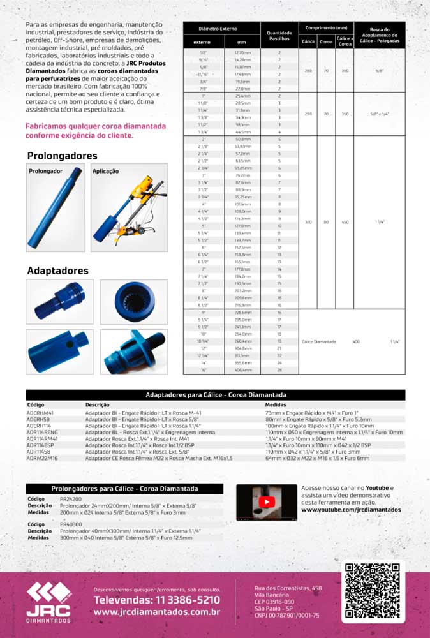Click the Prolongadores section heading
coord(62,156)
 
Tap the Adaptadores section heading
coord(57,271)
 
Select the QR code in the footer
coord(373,591)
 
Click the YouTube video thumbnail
coord(266,503)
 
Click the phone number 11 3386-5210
coord(156,600)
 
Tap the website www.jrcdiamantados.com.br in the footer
coord(156,612)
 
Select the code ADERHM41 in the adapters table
coord(40,413)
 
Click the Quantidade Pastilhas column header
coord(279,35)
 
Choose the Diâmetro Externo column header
coord(218,29)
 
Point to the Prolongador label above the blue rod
coord(45,172)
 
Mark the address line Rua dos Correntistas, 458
coord(288,588)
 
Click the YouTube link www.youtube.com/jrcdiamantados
coord(350,510)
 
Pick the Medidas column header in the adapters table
coord(276,404)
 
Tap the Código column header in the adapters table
coord(36,404)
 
